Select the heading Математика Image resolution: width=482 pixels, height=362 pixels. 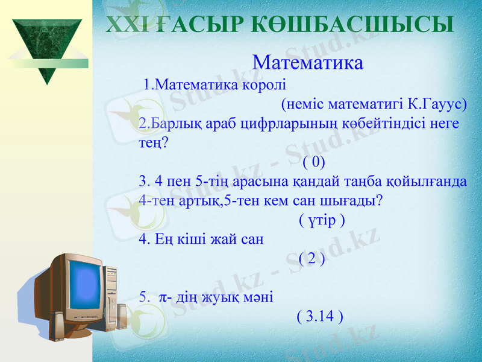pyautogui.click(x=308, y=62)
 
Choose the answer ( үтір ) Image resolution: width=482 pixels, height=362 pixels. pyautogui.click(x=322, y=220)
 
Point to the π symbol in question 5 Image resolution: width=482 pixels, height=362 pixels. pyautogui.click(x=163, y=296)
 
